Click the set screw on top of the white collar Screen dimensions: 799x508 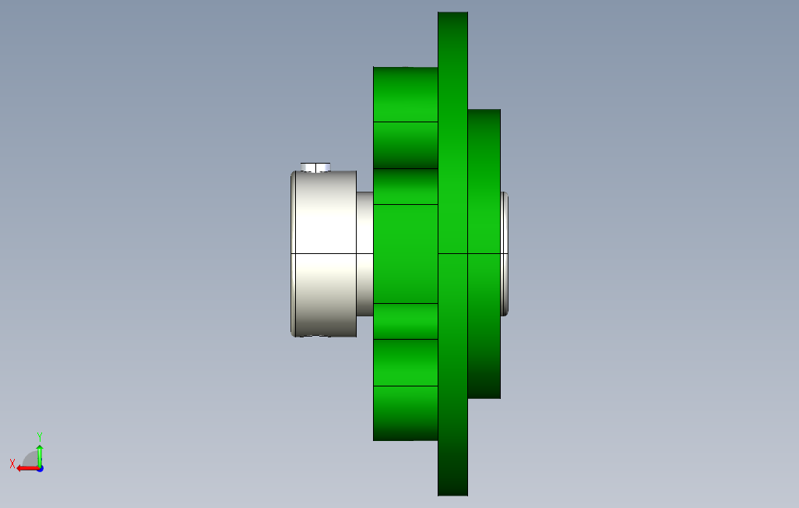(315, 168)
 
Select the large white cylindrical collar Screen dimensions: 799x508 (324, 254)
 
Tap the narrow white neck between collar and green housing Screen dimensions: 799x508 (365, 253)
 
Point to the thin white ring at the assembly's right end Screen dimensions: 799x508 (505, 253)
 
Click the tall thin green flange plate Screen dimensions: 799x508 (453, 253)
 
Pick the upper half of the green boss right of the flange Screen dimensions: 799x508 (484, 181)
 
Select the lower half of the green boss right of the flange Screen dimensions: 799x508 (484, 326)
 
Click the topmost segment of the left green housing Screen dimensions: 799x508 (406, 94)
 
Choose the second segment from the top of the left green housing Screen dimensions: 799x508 (406, 146)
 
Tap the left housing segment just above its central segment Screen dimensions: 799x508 (406, 187)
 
